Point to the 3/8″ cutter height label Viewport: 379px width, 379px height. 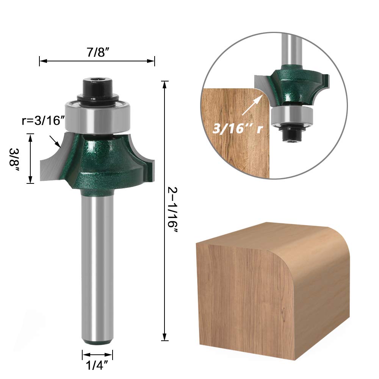click(14, 157)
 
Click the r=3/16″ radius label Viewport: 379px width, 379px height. click(44, 121)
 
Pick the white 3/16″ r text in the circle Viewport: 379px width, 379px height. click(237, 128)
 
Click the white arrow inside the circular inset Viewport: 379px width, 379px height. click(252, 105)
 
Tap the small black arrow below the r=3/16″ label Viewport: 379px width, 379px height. click(55, 142)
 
